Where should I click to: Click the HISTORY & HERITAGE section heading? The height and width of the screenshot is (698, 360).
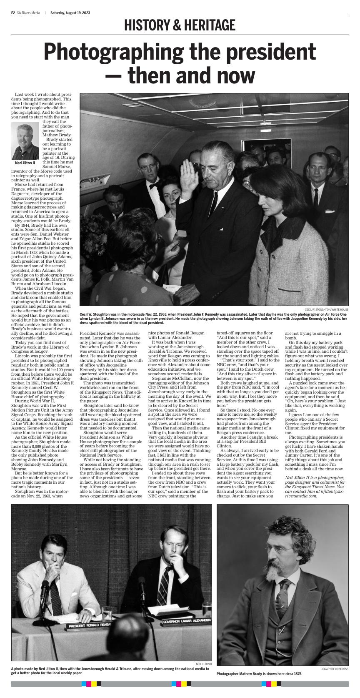pyautogui.click(x=180, y=26)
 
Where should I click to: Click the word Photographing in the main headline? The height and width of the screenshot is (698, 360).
pyautogui.click(x=117, y=52)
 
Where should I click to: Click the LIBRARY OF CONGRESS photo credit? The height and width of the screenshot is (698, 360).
pyautogui.click(x=334, y=669)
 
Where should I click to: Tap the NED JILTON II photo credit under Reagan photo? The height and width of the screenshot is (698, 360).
pyautogui.click(x=203, y=664)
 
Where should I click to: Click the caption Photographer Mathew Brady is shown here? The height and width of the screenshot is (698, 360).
pyautogui.click(x=259, y=674)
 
